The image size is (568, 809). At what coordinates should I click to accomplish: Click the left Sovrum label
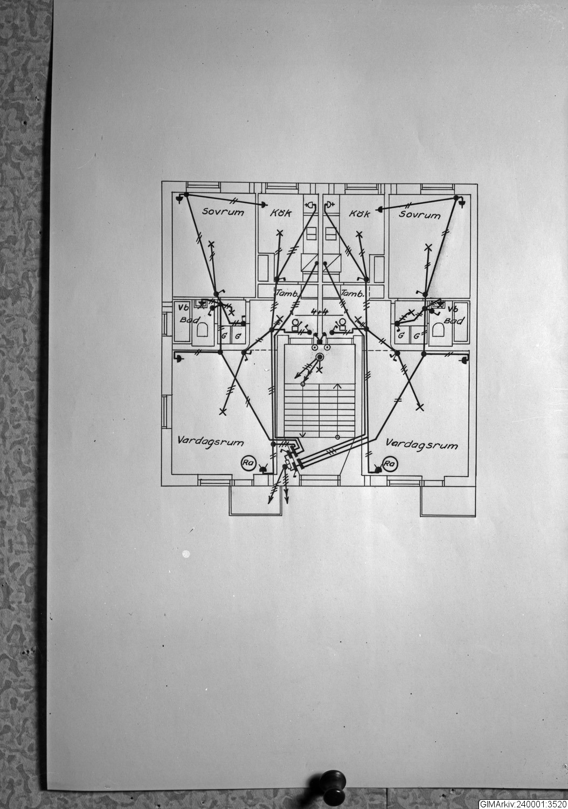coord(223,212)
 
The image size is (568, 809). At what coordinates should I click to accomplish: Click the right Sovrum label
coord(419,215)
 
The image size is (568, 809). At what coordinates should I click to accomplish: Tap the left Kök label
coord(281,213)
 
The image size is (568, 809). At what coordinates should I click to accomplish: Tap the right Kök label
coord(359,214)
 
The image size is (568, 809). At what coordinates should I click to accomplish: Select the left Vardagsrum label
coord(210,442)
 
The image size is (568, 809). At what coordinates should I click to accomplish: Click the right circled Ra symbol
coord(389,463)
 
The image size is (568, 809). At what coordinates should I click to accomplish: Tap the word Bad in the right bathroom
coord(457,321)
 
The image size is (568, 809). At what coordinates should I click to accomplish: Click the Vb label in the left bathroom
coord(182,308)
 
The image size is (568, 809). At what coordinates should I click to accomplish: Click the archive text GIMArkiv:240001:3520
coord(522,803)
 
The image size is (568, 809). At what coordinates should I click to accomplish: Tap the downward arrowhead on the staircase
coord(302,434)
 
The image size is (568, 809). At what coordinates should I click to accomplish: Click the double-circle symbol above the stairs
coord(320,357)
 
